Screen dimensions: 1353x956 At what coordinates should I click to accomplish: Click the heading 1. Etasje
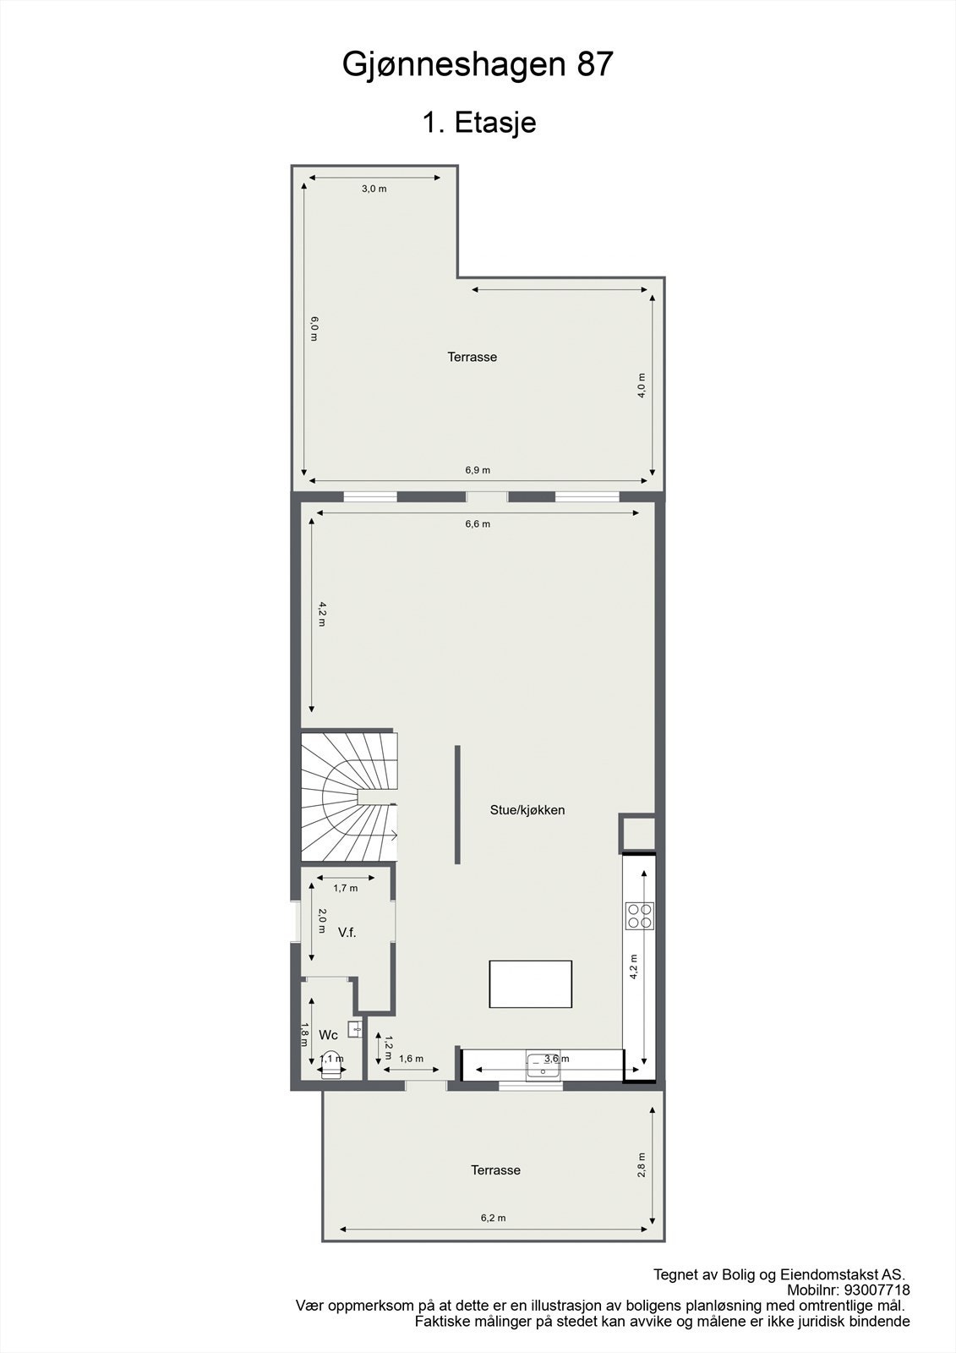[478, 123]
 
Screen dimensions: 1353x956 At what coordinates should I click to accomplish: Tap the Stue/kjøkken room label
[527, 810]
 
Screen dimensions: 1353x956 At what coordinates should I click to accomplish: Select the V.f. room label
[347, 933]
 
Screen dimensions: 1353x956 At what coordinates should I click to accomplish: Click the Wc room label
[328, 1035]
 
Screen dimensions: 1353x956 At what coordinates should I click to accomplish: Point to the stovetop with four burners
[639, 916]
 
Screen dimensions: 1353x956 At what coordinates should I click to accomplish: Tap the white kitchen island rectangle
[530, 983]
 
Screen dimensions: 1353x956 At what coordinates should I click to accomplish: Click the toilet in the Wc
[331, 1067]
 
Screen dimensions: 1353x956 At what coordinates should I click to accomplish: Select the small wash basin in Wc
[355, 1029]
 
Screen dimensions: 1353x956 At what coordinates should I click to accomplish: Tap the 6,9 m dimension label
[478, 470]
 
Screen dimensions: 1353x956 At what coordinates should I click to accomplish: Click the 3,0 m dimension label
[374, 189]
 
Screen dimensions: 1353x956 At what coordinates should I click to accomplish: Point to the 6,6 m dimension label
[478, 523]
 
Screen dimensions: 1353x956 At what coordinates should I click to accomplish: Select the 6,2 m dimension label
[493, 1218]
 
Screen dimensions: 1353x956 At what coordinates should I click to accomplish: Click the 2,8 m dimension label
[642, 1164]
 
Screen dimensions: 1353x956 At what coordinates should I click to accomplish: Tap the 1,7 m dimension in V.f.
[345, 888]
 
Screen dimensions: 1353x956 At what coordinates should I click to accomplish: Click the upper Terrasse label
[472, 357]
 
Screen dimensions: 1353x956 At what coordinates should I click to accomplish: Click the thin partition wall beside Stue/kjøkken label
[457, 804]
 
